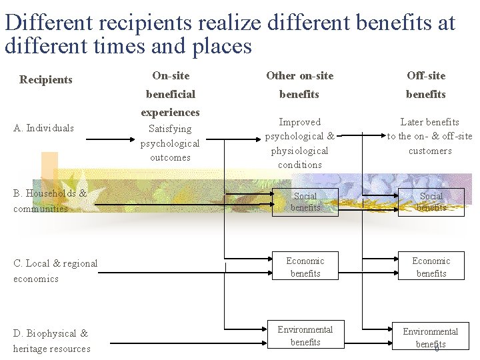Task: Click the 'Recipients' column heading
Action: point(45,80)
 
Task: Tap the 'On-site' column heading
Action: point(171,76)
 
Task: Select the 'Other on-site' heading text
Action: point(299,76)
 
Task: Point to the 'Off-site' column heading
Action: point(426,76)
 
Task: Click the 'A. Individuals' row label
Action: point(43,128)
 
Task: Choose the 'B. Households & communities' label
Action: point(50,201)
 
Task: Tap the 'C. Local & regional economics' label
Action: point(55,271)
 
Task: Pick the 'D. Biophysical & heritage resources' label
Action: point(51,341)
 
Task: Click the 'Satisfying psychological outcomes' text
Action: point(170,143)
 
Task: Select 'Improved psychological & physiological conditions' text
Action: point(300,143)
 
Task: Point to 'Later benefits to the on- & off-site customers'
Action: point(430,136)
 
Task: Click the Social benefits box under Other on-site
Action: point(305,202)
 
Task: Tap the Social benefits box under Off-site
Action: point(431,202)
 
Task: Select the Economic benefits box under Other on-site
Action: point(305,267)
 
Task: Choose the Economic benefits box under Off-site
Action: point(431,267)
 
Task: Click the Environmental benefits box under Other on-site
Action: point(305,335)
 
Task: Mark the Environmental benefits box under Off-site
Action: point(431,337)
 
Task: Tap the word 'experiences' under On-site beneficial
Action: point(170,113)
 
